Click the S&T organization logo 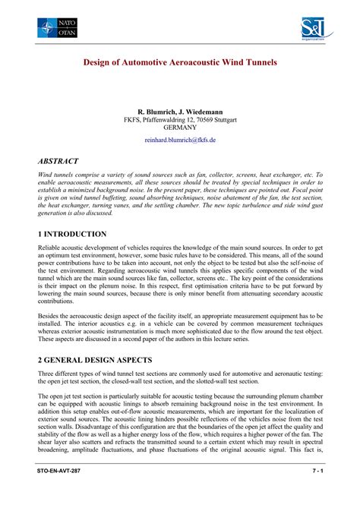click(x=308, y=30)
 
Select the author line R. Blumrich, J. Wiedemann click(x=180, y=111)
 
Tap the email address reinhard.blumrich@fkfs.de click(x=180, y=140)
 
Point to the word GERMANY click(x=180, y=128)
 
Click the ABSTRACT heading click(x=62, y=162)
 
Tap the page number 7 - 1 click(x=313, y=493)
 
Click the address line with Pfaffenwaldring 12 click(x=180, y=120)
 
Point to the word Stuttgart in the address click(x=222, y=120)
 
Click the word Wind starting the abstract click(x=46, y=175)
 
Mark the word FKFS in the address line click(x=133, y=120)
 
